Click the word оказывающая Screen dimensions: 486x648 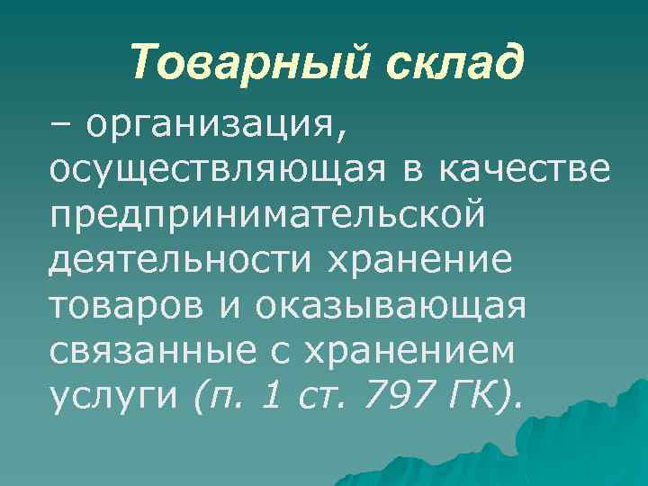[x=388, y=305]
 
